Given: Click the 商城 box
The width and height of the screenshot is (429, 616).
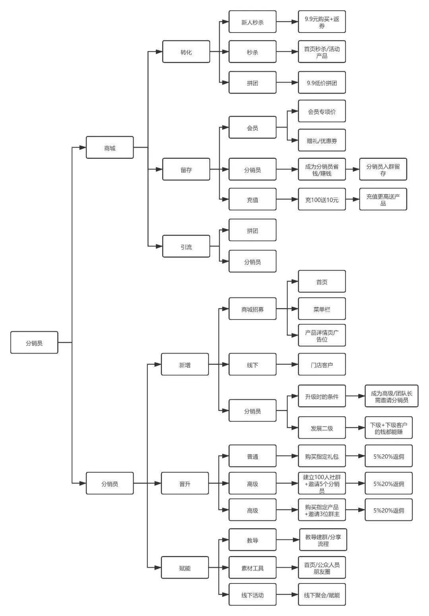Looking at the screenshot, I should [x=110, y=148].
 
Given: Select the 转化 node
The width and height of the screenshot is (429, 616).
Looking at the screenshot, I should [x=186, y=52].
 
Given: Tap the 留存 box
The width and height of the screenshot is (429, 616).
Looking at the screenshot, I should [x=186, y=169].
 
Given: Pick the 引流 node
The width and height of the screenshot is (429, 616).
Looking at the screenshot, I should [x=186, y=246].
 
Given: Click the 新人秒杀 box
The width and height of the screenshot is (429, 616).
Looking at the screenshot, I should [x=252, y=22].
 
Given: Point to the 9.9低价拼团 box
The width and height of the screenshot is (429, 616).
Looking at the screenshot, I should [x=322, y=83].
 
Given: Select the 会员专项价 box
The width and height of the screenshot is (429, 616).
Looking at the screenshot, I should [x=322, y=111].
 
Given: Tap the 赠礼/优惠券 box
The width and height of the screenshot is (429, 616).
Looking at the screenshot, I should [x=322, y=140].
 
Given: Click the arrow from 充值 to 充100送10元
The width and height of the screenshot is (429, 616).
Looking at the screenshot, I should [x=287, y=199].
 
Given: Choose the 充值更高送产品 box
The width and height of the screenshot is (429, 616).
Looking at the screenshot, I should [x=383, y=199].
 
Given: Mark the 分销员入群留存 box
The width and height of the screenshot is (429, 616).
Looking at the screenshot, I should [x=383, y=169].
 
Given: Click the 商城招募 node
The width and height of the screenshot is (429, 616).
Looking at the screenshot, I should [x=252, y=309].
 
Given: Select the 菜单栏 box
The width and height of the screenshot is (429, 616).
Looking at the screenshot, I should [x=322, y=309].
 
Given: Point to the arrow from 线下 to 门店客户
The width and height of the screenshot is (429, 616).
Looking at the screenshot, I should [x=287, y=364].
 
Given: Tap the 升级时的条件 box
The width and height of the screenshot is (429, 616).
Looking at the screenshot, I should [x=322, y=396].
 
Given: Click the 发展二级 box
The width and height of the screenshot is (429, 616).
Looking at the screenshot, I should [x=322, y=428].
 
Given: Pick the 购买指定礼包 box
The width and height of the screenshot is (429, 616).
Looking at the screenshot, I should [x=322, y=456].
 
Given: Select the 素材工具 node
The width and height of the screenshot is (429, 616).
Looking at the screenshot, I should [x=252, y=568].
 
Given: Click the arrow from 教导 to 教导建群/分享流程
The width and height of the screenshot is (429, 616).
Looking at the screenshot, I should [x=288, y=540].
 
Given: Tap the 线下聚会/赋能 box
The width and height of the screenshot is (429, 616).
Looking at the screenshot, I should [x=322, y=595].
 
